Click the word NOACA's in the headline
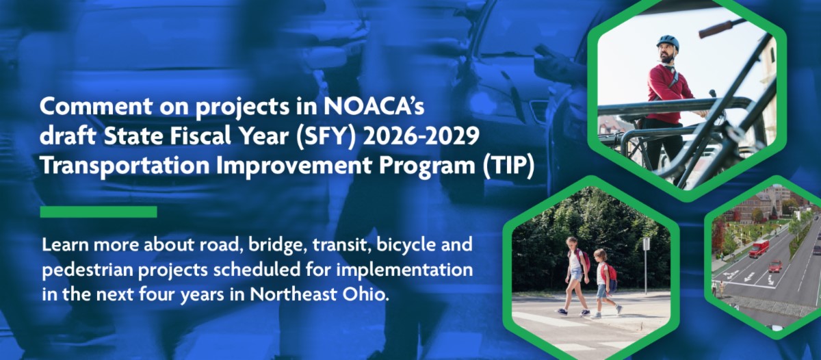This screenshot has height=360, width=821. point(374,106)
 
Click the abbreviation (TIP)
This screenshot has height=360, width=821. point(508,166)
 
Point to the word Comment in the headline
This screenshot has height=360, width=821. point(96,106)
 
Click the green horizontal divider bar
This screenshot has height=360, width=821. point(99,211)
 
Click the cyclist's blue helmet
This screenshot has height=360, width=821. point(668,42)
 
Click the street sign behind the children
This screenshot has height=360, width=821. point(646,244)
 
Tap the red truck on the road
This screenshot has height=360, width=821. point(759,248)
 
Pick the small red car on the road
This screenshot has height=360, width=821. point(776,266)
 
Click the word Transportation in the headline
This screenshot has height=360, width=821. point(125,166)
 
